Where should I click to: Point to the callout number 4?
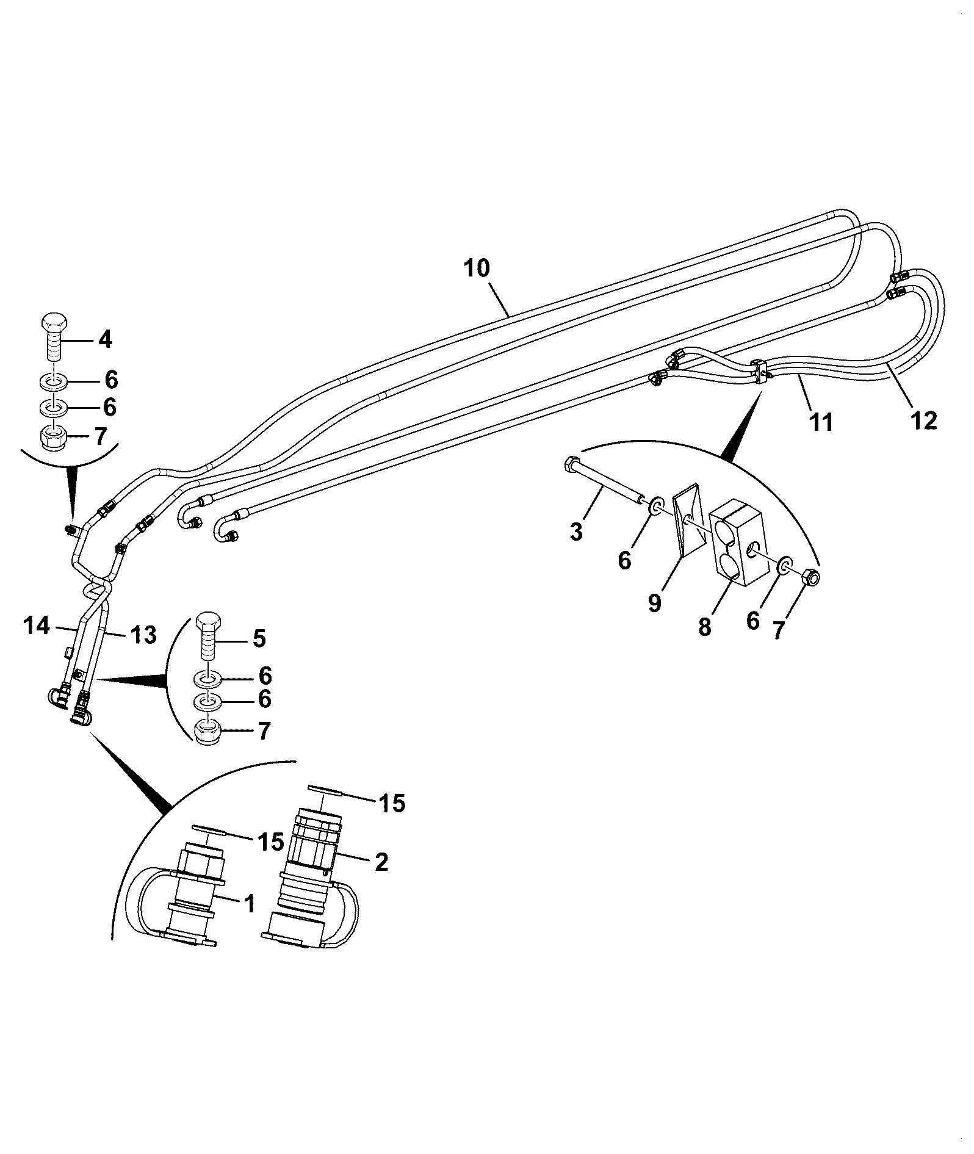tap(105, 339)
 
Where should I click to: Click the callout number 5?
tap(259, 639)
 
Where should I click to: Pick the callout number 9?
tap(654, 604)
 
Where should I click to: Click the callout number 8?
tap(705, 627)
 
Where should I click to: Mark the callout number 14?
tap(37, 626)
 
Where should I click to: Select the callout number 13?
tap(144, 635)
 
